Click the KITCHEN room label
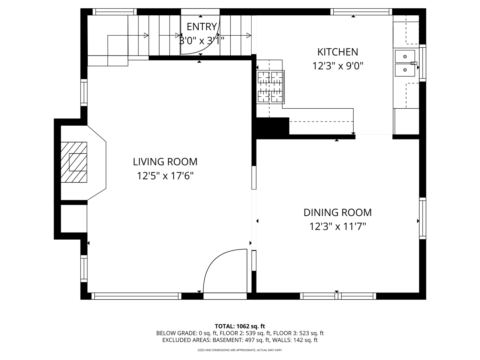click(x=337, y=52)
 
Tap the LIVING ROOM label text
click(x=165, y=162)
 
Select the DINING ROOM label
click(x=337, y=213)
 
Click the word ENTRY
click(x=202, y=27)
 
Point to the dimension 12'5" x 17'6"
click(x=165, y=176)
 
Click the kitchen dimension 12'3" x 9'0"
click(x=337, y=66)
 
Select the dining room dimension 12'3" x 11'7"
click(x=337, y=226)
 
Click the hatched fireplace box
click(x=74, y=162)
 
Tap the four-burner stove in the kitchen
click(x=270, y=87)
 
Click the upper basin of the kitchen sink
click(x=405, y=56)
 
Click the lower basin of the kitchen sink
click(x=405, y=70)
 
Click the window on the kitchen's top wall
click(x=361, y=12)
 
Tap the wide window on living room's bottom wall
click(x=136, y=296)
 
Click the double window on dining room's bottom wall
click(x=338, y=296)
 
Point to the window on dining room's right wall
click(x=423, y=218)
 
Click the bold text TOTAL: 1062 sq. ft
click(x=240, y=326)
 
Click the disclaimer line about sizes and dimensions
click(x=240, y=350)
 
